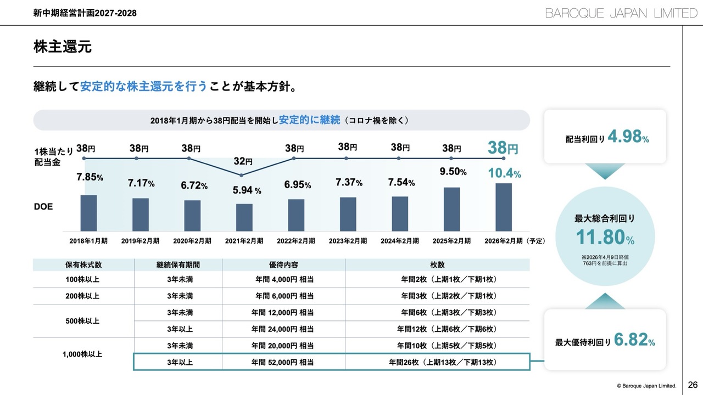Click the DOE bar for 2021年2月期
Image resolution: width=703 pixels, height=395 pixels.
[x=244, y=217]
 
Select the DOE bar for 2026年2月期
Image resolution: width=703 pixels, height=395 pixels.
[x=504, y=207]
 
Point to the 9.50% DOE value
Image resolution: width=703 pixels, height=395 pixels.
[x=453, y=172]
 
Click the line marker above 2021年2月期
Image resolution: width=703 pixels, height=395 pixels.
[x=241, y=175]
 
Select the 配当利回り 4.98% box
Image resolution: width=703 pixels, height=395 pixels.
[x=605, y=137]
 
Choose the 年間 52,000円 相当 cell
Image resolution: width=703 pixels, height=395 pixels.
[x=283, y=362]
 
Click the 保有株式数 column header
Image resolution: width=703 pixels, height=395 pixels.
[x=83, y=264]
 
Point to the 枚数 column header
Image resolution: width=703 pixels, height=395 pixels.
[x=438, y=264]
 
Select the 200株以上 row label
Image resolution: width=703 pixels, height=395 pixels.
[x=83, y=296]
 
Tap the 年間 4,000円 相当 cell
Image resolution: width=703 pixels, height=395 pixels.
[x=283, y=280]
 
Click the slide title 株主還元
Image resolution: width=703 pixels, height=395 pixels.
[x=62, y=47]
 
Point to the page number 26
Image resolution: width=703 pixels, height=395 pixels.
[x=693, y=384]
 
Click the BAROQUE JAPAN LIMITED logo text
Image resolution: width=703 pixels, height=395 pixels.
[x=621, y=13]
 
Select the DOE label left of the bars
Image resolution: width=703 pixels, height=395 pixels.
[x=43, y=207]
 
